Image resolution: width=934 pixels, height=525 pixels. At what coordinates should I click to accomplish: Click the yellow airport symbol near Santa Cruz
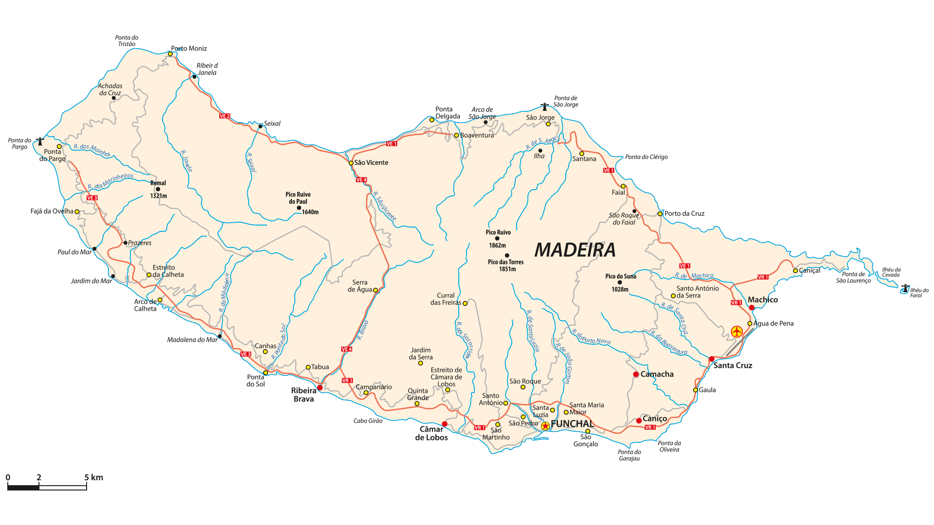coord(736,332)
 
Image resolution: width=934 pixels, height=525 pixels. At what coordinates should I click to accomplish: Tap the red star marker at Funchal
coord(545,426)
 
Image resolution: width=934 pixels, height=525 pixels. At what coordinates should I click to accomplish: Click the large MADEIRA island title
coord(575,250)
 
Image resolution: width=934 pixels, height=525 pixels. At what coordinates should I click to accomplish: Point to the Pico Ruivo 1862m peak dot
coord(497,239)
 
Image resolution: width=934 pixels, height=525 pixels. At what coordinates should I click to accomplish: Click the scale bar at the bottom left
coord(47,487)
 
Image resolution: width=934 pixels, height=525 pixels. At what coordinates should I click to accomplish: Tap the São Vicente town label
coord(371,163)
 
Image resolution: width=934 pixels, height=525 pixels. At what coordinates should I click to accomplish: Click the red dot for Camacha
coord(636,374)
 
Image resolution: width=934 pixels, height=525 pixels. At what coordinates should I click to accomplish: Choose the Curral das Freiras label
coord(446,299)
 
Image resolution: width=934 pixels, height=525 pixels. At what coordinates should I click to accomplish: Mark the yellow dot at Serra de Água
coord(376,290)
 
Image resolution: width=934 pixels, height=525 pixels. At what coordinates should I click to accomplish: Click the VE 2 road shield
coord(225,116)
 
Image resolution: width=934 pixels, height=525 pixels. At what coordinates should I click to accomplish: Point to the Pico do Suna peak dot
coord(620,282)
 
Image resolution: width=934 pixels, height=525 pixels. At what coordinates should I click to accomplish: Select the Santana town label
coord(584,159)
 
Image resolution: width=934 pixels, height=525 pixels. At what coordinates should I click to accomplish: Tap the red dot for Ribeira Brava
coord(320,387)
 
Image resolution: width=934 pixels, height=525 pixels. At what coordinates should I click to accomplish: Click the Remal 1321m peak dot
coord(158,189)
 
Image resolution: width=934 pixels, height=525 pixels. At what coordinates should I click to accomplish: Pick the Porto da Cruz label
coord(684,213)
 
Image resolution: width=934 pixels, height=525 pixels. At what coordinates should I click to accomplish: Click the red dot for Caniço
coord(639,420)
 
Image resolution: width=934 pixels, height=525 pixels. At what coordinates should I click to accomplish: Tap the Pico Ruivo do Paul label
coord(298,198)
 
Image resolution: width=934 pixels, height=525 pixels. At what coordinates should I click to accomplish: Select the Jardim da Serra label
coord(421,353)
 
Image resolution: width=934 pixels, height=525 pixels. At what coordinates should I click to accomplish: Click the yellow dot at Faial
coord(623,186)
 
